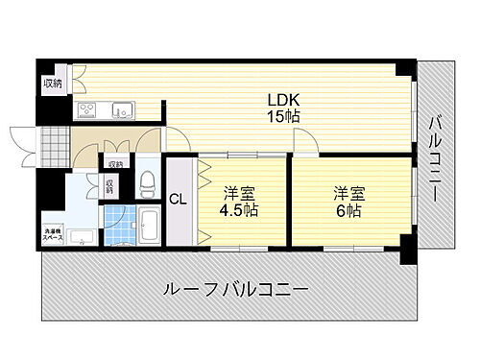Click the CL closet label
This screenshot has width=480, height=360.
[179, 200]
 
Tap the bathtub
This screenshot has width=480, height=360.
[149, 227]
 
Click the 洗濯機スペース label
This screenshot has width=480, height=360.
[55, 233]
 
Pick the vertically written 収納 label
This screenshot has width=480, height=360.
[110, 185]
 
